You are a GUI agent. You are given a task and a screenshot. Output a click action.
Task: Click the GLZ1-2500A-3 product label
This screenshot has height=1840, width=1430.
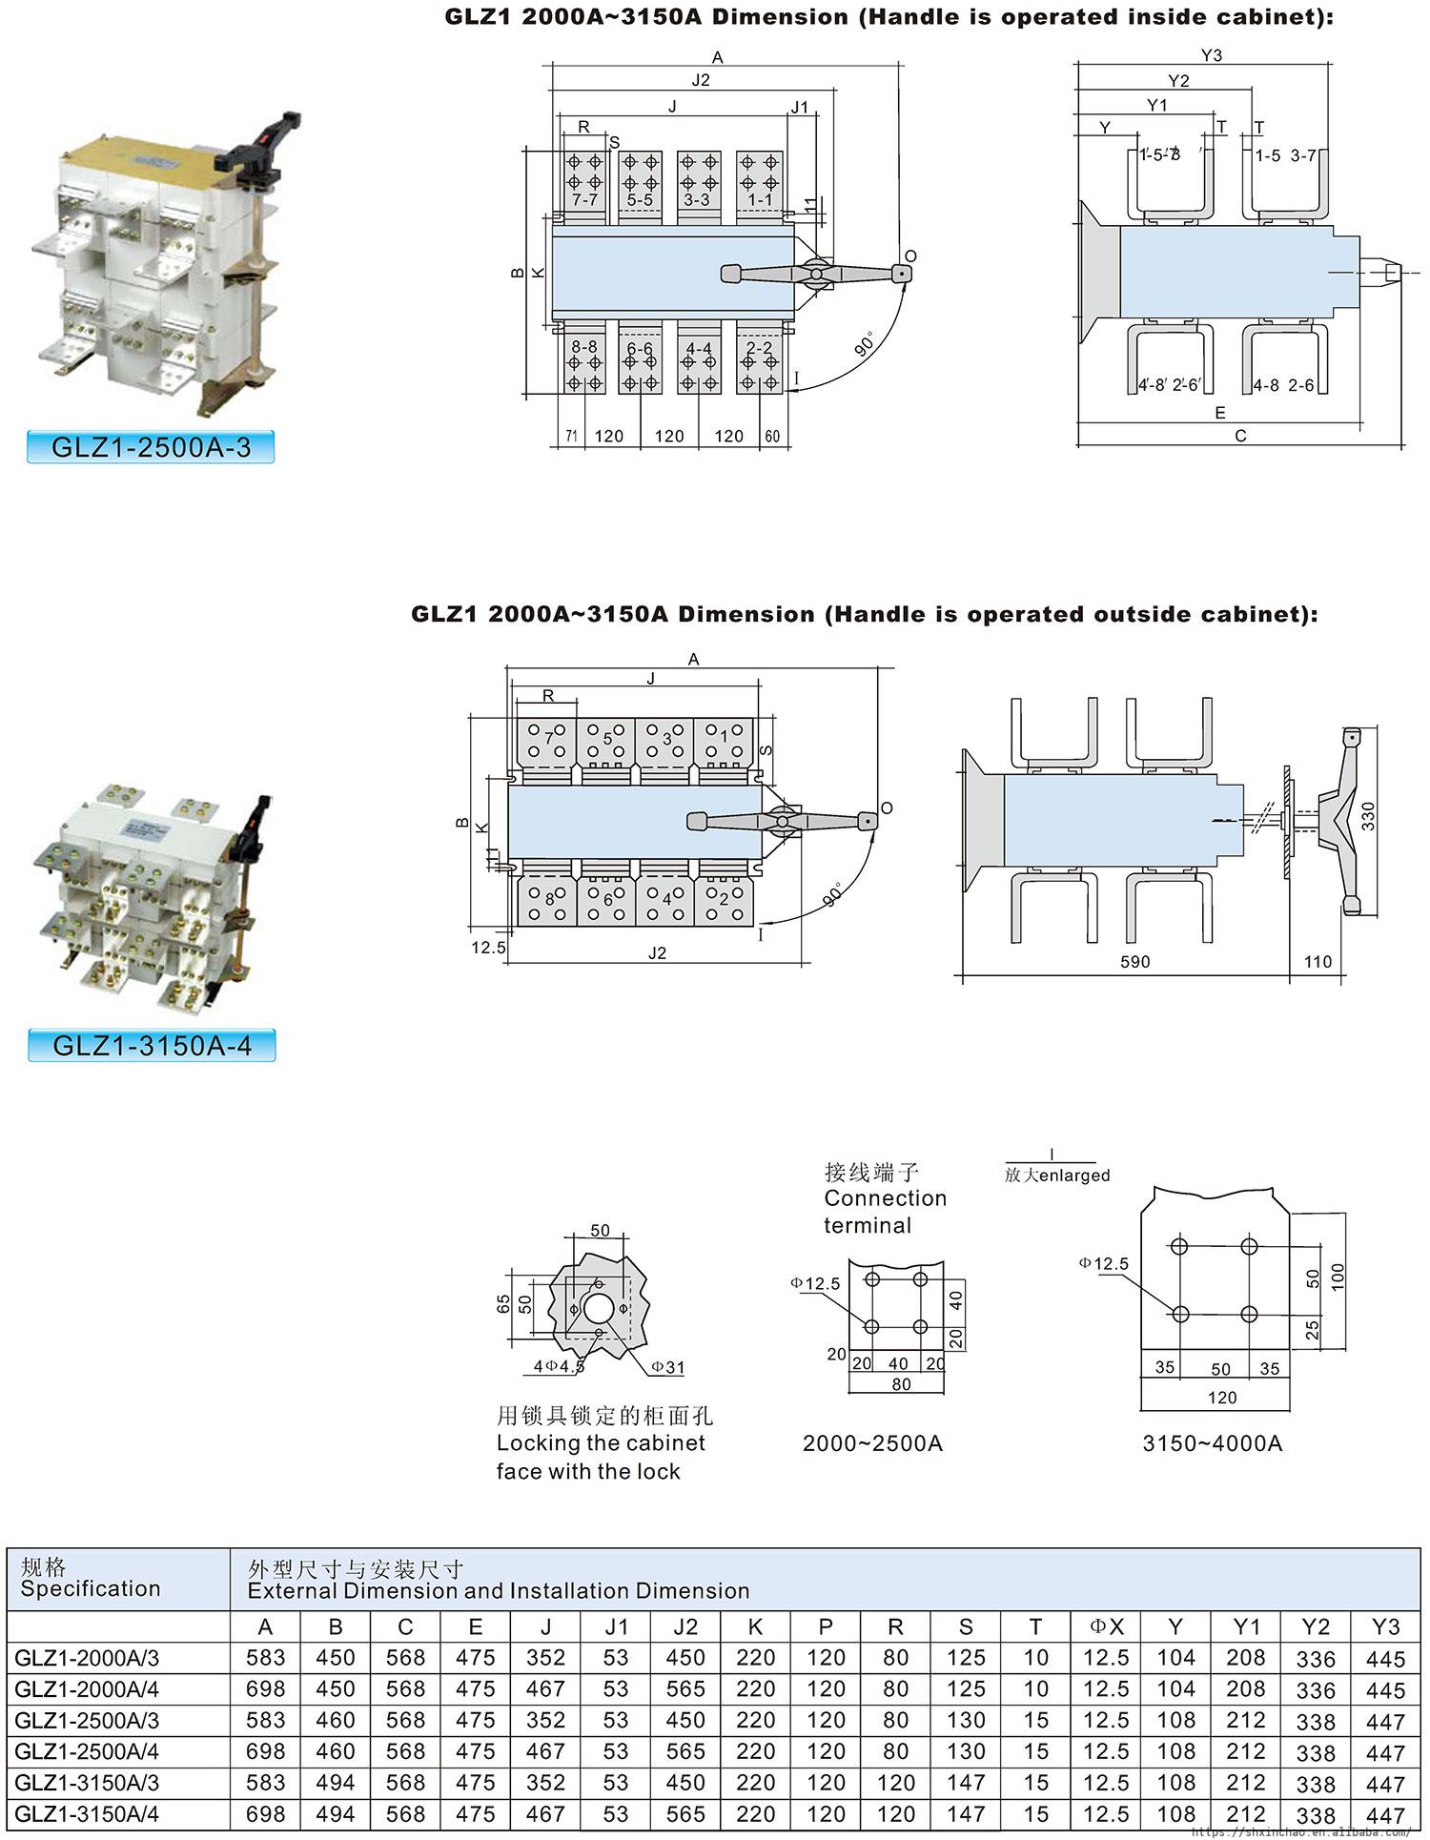click(151, 446)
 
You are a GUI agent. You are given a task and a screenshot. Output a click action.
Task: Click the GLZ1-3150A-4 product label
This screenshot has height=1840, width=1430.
click(152, 1045)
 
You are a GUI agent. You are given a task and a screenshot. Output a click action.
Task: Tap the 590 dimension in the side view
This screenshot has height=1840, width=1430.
click(1134, 962)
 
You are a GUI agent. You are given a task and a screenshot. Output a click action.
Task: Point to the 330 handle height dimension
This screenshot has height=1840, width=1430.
click(1367, 816)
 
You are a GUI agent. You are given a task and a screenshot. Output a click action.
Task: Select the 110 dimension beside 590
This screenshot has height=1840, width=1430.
click(1318, 962)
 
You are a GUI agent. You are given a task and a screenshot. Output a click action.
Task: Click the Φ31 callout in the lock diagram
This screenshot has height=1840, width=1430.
click(668, 1367)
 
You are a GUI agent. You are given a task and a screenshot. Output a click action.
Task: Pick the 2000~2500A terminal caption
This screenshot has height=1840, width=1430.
click(872, 1443)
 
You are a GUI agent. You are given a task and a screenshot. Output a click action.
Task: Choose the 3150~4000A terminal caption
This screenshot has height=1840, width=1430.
click(1212, 1443)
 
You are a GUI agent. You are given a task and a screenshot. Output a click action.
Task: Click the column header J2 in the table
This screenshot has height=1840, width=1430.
click(685, 1626)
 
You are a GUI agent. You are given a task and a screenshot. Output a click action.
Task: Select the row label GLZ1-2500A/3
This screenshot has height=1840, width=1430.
click(88, 1721)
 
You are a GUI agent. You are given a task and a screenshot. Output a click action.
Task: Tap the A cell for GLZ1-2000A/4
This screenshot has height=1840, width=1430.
click(265, 1689)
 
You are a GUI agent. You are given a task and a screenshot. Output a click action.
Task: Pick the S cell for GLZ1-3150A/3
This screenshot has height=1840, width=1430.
click(966, 1783)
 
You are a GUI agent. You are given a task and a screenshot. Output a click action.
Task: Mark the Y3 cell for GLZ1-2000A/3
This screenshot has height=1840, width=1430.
click(1385, 1659)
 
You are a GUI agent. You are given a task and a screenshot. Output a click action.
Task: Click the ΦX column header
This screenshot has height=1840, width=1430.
click(1106, 1626)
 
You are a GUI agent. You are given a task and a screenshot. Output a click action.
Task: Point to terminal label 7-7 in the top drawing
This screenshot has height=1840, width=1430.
click(584, 200)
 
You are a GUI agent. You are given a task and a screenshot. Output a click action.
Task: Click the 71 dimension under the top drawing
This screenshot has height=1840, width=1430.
click(571, 437)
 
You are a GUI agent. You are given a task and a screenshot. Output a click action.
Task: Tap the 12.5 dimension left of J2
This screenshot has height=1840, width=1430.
click(488, 948)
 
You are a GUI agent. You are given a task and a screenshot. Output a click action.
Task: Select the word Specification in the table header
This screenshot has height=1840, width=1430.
click(91, 1588)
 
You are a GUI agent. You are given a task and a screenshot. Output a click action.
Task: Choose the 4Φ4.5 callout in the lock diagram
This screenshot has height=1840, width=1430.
click(559, 1366)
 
